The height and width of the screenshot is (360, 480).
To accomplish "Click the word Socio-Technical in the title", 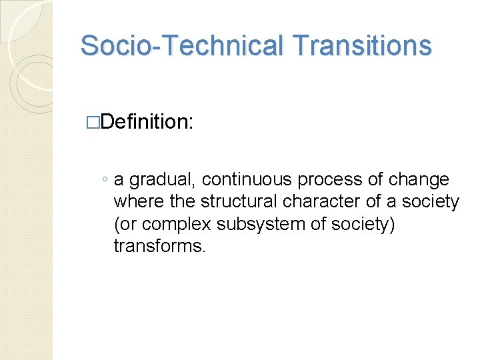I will [x=179, y=46].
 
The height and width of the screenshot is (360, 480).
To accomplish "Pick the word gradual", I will [x=163, y=180].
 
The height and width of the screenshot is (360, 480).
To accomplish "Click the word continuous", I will [x=247, y=180].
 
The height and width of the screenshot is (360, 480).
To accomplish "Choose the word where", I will [x=135, y=202].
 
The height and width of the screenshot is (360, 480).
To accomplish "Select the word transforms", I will [x=159, y=246].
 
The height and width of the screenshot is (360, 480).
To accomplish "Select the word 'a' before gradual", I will [x=119, y=181].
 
